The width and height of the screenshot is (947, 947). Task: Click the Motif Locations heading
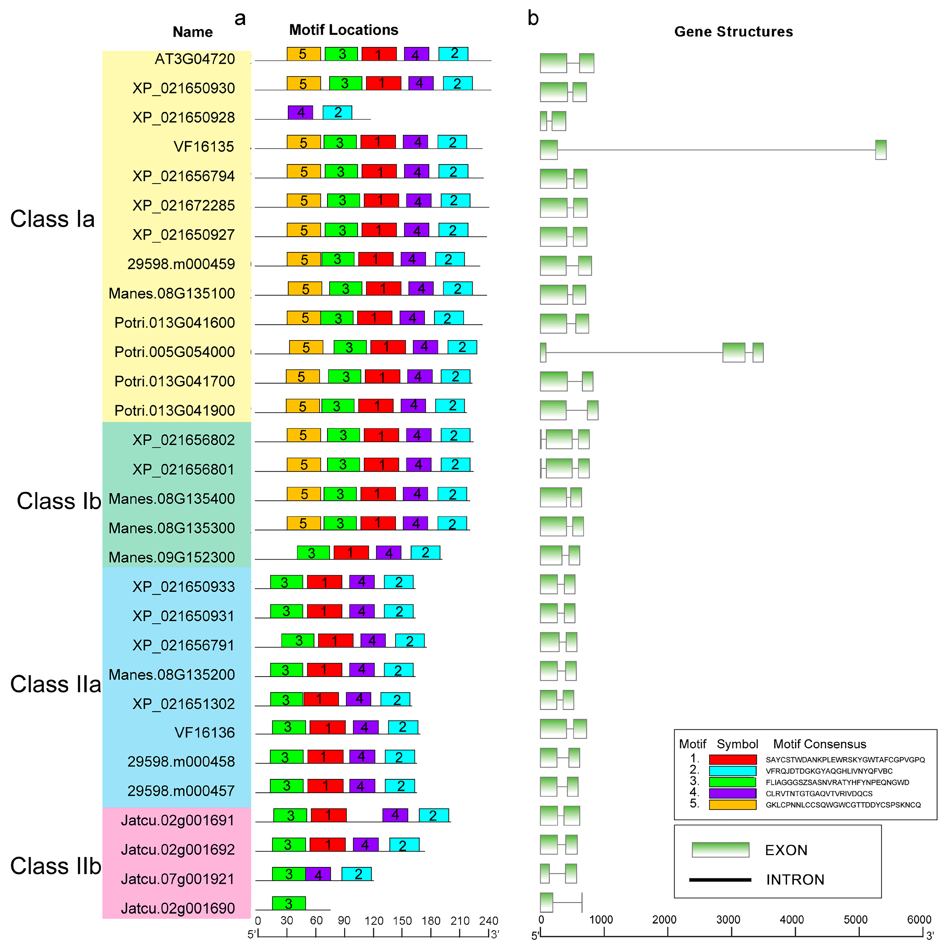343,30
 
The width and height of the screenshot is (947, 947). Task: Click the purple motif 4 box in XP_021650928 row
300,112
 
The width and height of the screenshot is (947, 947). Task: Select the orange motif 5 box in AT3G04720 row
303,54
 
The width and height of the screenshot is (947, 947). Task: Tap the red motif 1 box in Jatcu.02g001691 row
329,815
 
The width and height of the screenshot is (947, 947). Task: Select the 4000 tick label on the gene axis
792,920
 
